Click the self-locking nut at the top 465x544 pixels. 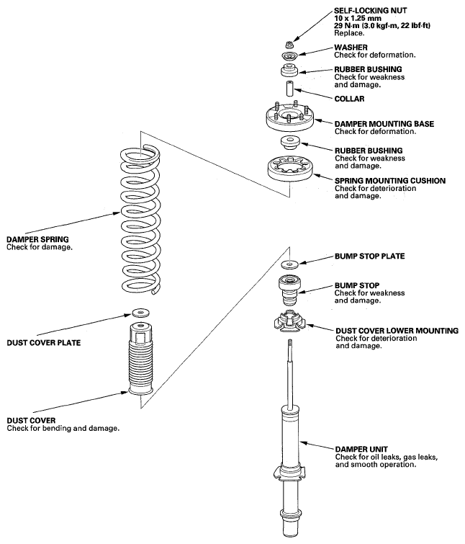[x=289, y=45]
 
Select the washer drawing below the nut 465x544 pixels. [x=289, y=55]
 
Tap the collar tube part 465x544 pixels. [x=289, y=89]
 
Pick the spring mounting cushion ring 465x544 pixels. [x=289, y=169]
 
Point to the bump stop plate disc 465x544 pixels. [x=289, y=264]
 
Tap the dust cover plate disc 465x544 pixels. [x=141, y=312]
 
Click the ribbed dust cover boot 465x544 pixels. [x=140, y=358]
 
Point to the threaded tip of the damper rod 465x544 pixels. [x=289, y=344]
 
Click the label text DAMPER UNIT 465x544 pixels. [x=361, y=450]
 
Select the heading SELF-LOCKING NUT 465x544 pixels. [x=370, y=10]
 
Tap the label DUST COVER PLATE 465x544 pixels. [x=44, y=343]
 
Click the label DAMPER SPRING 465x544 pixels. [x=37, y=239]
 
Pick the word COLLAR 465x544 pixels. [x=349, y=99]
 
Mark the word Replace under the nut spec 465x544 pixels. [x=349, y=33]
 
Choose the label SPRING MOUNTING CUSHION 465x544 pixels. [x=390, y=181]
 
